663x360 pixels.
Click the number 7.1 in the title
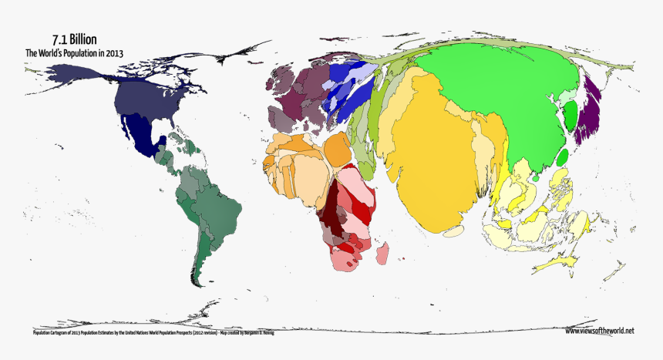[59, 39]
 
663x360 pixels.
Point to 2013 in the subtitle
[114, 53]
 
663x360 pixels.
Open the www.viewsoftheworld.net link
[599, 331]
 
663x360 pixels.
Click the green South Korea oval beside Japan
[571, 117]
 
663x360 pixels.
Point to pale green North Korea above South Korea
[567, 97]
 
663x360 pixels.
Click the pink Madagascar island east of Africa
[382, 251]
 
